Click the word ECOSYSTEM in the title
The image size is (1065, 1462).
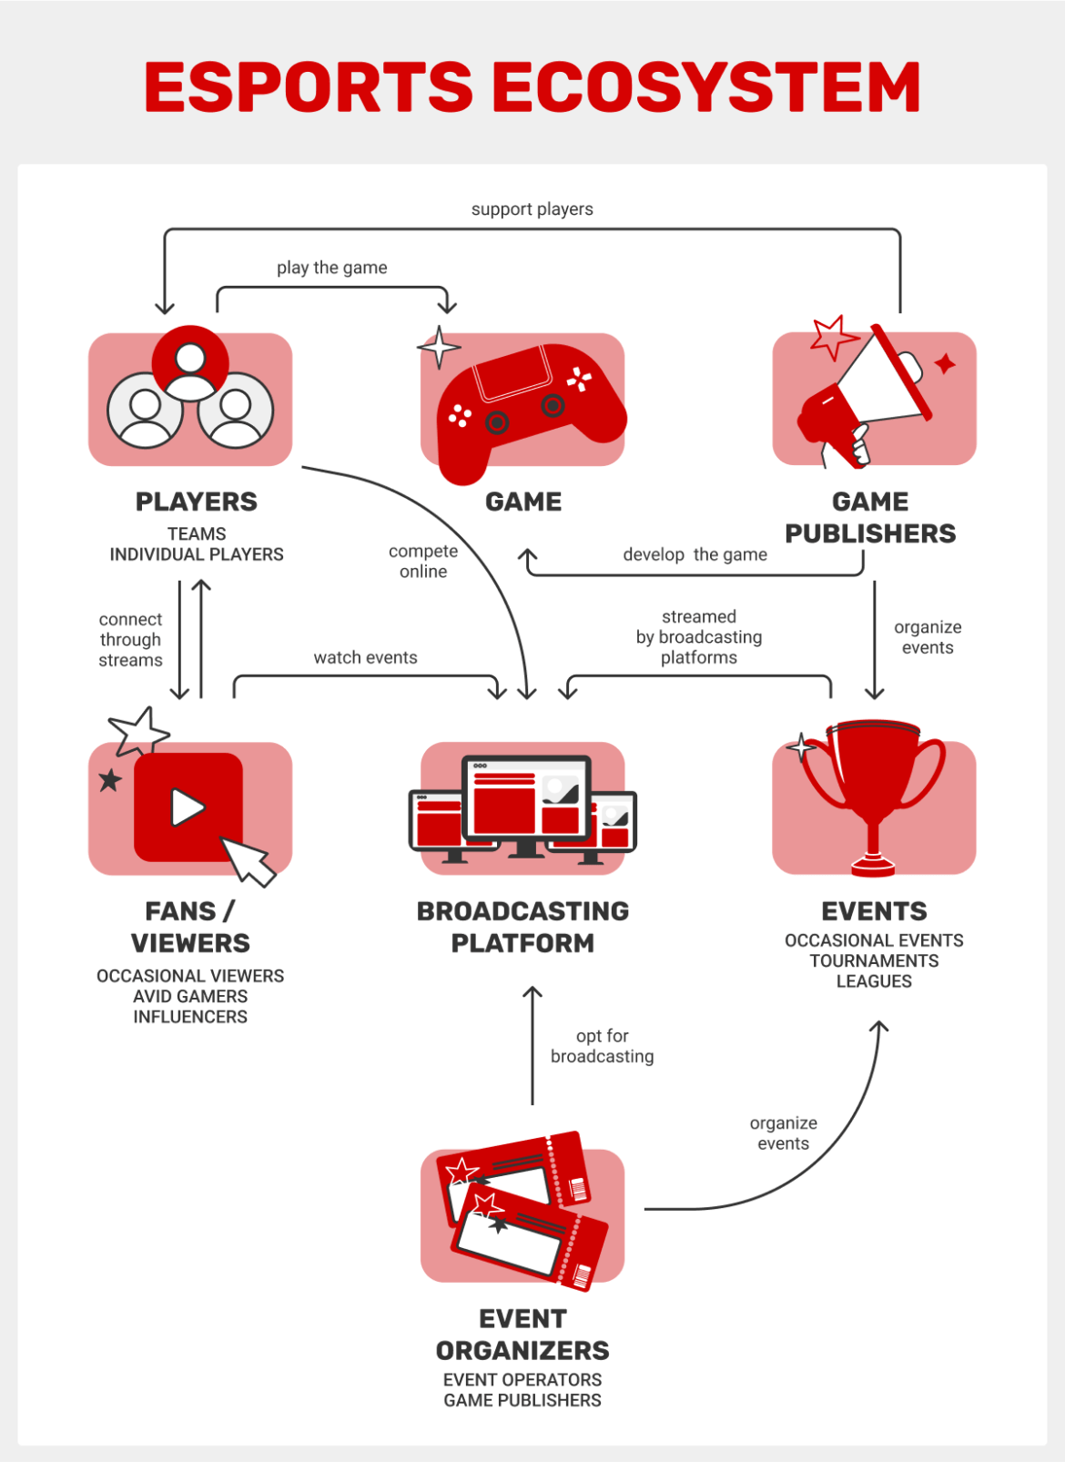(706, 87)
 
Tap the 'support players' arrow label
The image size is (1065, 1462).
(532, 209)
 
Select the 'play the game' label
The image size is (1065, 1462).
(331, 268)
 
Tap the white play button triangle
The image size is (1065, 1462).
(188, 807)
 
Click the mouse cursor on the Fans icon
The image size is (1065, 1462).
(248, 861)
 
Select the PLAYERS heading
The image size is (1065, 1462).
(196, 502)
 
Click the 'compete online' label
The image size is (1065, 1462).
(423, 561)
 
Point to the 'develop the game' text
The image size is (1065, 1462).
(695, 554)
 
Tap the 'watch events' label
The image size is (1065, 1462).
(365, 657)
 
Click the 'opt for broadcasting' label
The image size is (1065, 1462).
(602, 1046)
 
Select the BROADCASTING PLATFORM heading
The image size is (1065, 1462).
(522, 927)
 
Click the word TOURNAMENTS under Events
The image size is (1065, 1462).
(874, 960)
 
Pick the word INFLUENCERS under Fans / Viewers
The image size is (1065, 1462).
(190, 1017)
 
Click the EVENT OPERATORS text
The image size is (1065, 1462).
(522, 1379)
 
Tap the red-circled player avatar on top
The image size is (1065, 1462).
(190, 362)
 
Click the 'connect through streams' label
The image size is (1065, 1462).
(130, 639)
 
